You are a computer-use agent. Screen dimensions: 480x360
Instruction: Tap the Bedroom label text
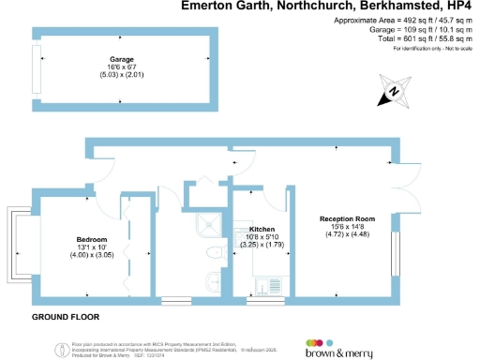point(91,239)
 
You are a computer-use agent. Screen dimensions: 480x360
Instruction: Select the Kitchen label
point(262,230)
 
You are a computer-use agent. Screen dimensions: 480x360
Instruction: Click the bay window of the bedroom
point(14,244)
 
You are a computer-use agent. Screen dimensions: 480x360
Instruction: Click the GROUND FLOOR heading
point(67,317)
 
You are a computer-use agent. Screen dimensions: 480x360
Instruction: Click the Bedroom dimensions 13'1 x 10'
point(91,247)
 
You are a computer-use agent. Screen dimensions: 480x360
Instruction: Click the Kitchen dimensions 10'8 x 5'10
point(262,237)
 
